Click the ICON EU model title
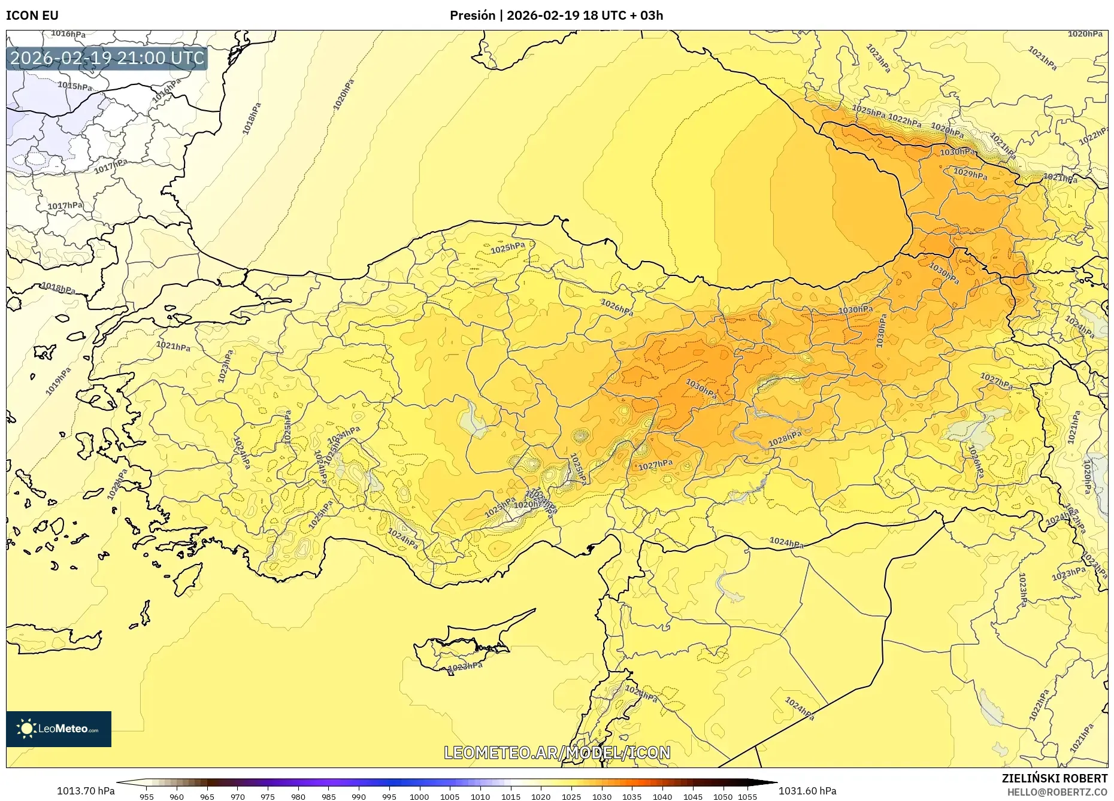(x=32, y=15)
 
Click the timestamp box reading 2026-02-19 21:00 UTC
(x=107, y=58)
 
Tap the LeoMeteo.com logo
(x=59, y=729)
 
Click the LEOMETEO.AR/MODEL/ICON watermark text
(x=557, y=753)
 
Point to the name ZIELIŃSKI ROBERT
(x=1055, y=778)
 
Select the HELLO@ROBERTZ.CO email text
(x=1057, y=791)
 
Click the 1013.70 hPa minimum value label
(x=86, y=791)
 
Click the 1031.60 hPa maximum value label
(x=807, y=791)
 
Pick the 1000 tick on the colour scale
(x=419, y=797)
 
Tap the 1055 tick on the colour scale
(x=748, y=797)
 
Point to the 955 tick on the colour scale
(x=147, y=797)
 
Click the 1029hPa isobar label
(x=970, y=174)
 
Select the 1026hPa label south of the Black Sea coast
(x=617, y=308)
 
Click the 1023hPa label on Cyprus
(x=465, y=666)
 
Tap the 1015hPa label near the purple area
(x=75, y=86)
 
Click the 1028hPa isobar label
(x=785, y=438)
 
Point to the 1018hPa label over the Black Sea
(x=252, y=119)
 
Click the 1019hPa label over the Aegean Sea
(x=58, y=381)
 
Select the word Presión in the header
(x=473, y=15)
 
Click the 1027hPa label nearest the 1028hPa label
(x=655, y=465)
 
